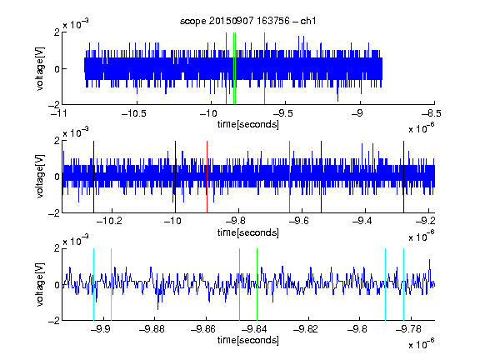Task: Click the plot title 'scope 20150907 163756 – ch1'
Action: click(247, 21)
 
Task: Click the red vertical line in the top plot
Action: click(226, 68)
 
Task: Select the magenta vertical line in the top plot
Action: click(264, 68)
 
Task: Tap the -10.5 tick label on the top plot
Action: click(134, 114)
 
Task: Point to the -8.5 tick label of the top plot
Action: click(432, 114)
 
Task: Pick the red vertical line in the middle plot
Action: click(207, 177)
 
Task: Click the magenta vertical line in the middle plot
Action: click(290, 177)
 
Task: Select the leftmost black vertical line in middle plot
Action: click(93, 177)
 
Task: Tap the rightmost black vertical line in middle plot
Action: click(404, 177)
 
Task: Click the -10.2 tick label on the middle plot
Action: click(109, 221)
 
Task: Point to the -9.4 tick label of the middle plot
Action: click(362, 221)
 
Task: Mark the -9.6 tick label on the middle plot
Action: click(299, 221)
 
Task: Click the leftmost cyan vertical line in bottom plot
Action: click(93, 284)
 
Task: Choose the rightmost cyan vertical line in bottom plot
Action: click(404, 284)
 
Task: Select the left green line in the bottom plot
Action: click(240, 284)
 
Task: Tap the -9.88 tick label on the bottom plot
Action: click(152, 329)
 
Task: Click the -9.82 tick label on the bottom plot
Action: click(305, 329)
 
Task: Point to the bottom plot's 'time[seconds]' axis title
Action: click(248, 340)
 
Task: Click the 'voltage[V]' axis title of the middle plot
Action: click(40, 177)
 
